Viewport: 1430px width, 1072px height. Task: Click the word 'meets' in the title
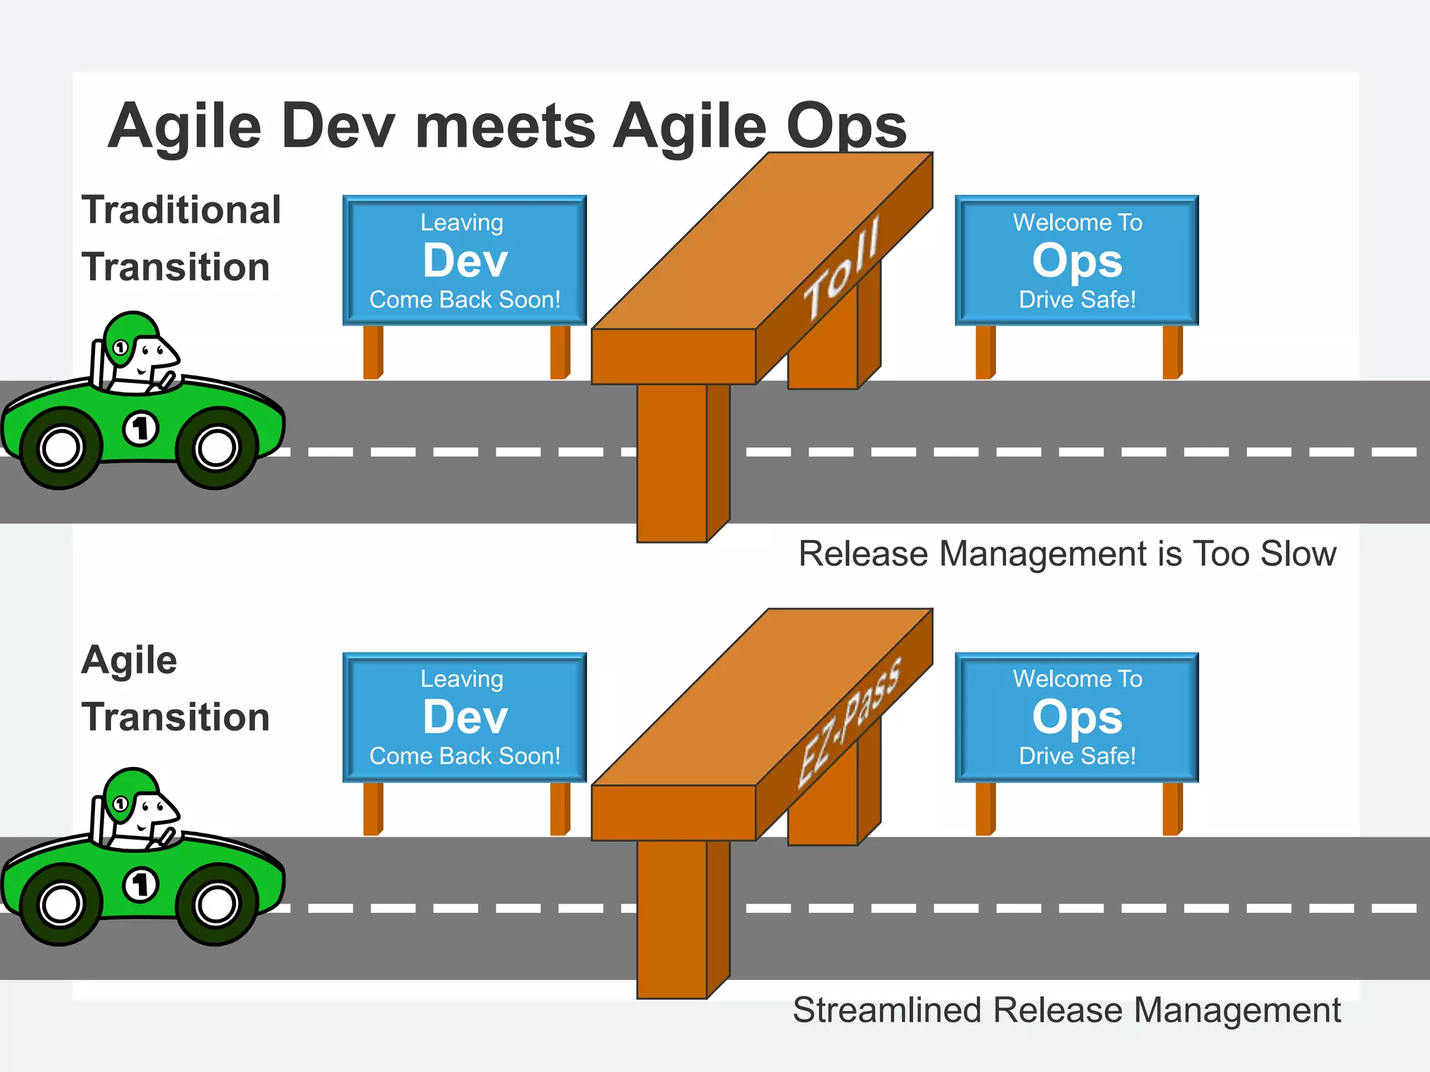tap(505, 126)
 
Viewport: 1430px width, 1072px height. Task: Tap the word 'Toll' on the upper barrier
tap(842, 269)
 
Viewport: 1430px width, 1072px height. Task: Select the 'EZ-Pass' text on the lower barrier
tap(849, 723)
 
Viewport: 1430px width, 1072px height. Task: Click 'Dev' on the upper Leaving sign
tap(465, 261)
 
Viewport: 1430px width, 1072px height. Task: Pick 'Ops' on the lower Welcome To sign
tap(1077, 717)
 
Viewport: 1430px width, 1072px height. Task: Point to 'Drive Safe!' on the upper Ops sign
tap(1077, 300)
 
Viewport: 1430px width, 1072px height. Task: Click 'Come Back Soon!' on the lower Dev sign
tap(465, 757)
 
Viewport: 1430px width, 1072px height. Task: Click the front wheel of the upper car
tap(216, 448)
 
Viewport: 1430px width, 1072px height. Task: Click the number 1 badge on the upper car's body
tap(141, 429)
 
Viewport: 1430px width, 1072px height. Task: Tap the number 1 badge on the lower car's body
tap(141, 885)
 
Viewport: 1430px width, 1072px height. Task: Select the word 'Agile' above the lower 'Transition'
tap(130, 660)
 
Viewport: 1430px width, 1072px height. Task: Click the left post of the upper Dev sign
tap(373, 352)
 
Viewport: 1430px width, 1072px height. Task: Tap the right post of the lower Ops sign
tap(1172, 808)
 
